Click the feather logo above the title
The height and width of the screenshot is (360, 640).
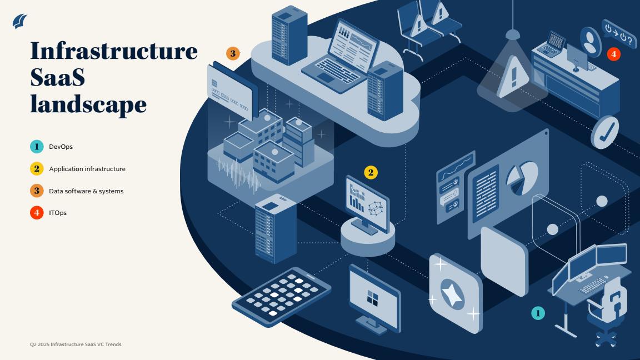point(19,21)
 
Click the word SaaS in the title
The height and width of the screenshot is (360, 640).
point(58,77)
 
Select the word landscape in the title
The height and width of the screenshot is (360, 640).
point(88,104)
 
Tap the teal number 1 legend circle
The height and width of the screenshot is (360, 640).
point(37,147)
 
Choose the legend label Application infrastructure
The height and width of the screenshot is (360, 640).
point(87,169)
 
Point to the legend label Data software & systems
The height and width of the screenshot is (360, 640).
point(86,191)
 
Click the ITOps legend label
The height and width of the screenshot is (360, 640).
point(58,213)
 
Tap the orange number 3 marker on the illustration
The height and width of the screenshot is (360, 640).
point(233,53)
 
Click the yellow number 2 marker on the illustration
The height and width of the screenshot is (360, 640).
point(371,173)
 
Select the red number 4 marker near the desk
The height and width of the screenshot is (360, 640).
point(613,54)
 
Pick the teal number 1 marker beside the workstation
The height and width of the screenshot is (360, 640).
point(538,313)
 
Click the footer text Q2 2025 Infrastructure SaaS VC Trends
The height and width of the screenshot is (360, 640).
point(76,344)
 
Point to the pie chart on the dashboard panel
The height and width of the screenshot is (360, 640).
point(522,178)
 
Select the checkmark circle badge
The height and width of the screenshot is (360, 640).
point(604,132)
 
